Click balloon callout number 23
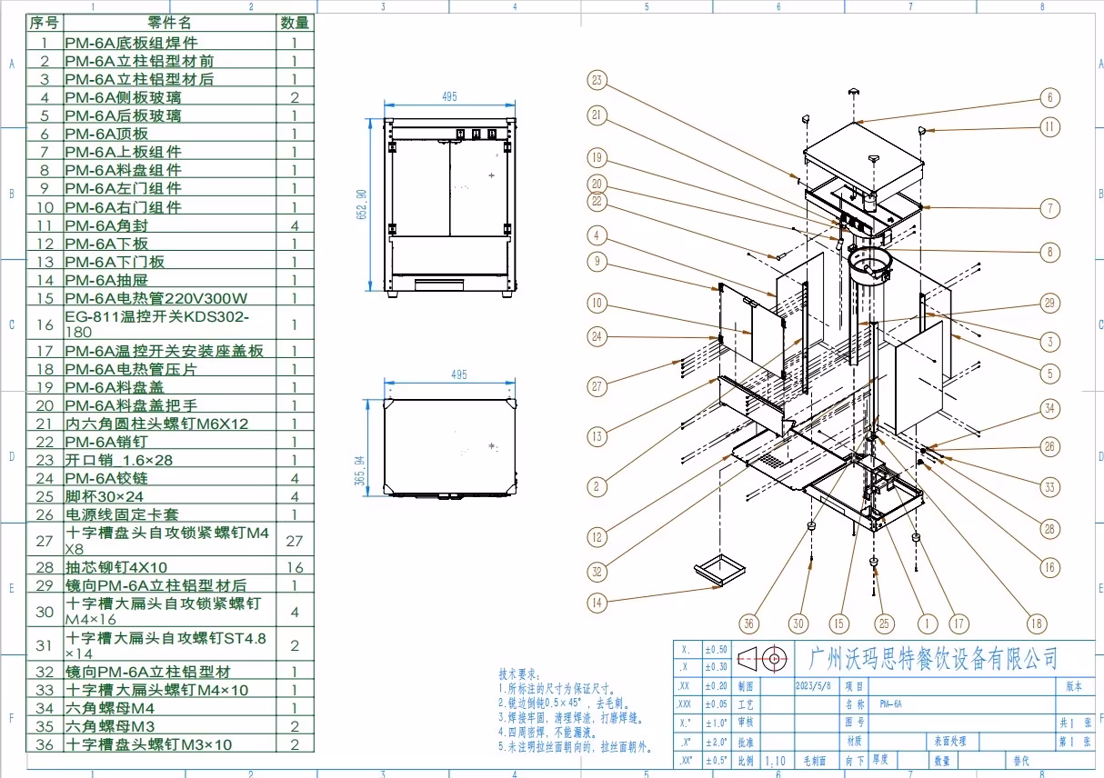597,81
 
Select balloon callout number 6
1049,97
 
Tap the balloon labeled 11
1050,127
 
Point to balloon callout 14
597,601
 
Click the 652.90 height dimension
362,204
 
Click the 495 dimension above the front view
448,97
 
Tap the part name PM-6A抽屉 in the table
105,280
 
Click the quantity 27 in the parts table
294,541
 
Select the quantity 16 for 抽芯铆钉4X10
294,567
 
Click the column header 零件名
169,23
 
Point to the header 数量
294,23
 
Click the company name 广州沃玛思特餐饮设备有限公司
933,657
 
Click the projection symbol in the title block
760,656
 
